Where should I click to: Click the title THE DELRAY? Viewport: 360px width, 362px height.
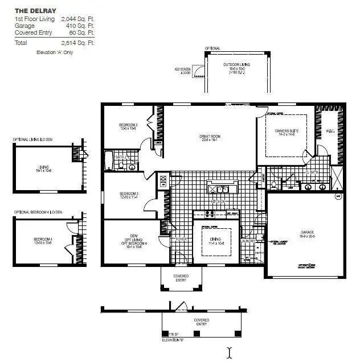(35, 10)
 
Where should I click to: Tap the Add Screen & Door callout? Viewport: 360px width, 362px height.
(183, 71)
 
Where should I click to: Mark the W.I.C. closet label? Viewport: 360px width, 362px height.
(330, 132)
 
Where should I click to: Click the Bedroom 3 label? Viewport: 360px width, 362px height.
(129, 196)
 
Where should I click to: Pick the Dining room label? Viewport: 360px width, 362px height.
(216, 240)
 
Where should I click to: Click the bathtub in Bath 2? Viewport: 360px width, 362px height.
(109, 160)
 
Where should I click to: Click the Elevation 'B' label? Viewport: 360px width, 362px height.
(173, 340)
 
